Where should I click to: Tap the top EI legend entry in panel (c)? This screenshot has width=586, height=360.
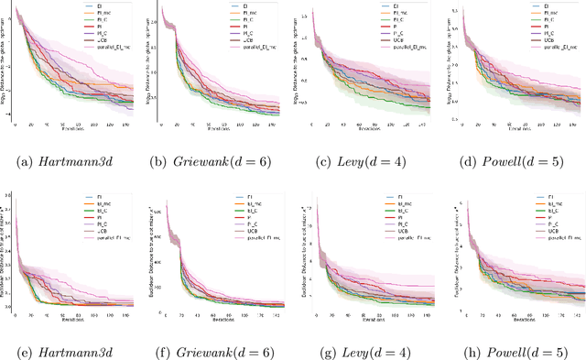pos(396,8)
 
